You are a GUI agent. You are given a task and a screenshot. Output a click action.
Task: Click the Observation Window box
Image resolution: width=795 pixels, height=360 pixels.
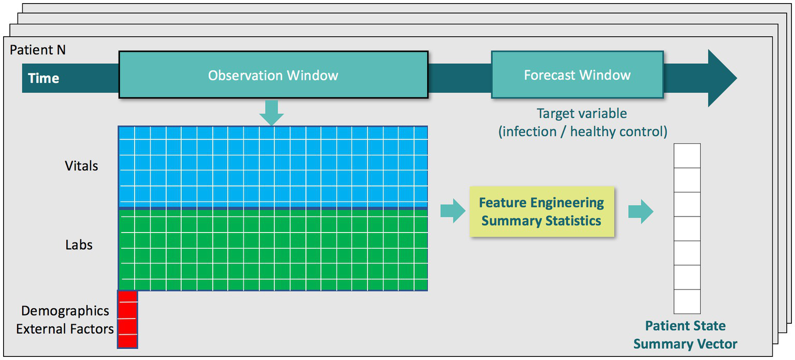click(x=273, y=75)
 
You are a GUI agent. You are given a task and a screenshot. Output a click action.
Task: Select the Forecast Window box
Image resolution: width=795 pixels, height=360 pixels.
click(x=577, y=75)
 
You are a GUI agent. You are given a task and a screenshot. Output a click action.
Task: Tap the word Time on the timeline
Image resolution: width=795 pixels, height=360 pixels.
click(x=44, y=78)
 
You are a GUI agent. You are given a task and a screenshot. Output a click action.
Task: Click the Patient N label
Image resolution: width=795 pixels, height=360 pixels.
click(x=38, y=50)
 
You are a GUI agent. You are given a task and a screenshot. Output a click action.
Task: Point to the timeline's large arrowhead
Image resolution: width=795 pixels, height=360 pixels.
click(x=722, y=78)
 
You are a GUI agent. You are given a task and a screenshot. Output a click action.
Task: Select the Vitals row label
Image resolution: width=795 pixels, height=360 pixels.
click(x=81, y=166)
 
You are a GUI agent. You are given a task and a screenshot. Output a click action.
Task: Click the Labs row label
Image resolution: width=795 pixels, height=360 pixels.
click(x=79, y=244)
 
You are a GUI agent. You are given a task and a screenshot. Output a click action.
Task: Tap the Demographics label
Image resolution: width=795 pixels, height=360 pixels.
click(x=65, y=311)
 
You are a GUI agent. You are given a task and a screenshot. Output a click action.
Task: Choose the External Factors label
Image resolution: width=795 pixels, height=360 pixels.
click(x=65, y=329)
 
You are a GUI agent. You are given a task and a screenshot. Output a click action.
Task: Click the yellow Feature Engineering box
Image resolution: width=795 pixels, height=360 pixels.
click(x=541, y=211)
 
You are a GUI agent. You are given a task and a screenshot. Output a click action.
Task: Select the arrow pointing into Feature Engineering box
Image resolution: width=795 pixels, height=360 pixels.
click(x=453, y=211)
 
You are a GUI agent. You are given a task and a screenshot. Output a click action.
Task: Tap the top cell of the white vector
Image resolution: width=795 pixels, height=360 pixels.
click(x=687, y=156)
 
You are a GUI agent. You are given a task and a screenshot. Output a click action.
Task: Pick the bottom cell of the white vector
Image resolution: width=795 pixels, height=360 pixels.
click(x=687, y=301)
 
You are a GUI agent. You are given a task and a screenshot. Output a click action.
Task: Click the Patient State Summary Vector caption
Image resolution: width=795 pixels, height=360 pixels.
click(x=685, y=335)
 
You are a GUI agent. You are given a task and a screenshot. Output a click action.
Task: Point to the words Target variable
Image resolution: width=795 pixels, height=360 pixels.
click(x=582, y=113)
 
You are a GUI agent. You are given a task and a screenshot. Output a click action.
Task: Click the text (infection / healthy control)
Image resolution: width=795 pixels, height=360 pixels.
click(x=583, y=132)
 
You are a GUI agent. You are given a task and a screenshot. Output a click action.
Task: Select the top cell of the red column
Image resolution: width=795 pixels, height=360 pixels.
click(x=127, y=296)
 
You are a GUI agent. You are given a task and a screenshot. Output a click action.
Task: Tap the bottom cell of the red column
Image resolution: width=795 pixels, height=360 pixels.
click(x=127, y=341)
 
